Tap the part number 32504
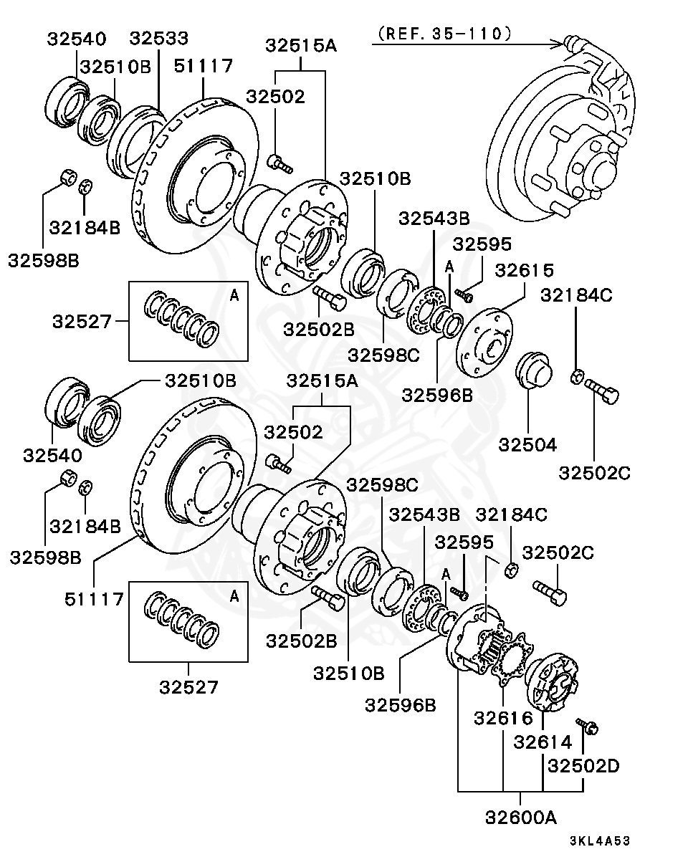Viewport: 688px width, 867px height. (527, 444)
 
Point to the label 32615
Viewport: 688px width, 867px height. (525, 271)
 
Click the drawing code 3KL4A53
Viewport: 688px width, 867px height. (599, 841)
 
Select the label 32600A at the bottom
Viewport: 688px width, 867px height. (520, 817)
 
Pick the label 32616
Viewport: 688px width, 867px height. (502, 717)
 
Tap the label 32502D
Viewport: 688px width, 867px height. (583, 766)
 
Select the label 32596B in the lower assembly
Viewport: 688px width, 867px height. (400, 705)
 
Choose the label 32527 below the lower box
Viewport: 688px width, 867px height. (188, 687)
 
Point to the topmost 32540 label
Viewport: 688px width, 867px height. (76, 39)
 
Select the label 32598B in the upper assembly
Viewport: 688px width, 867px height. (44, 260)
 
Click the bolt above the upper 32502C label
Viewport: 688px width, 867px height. (601, 393)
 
